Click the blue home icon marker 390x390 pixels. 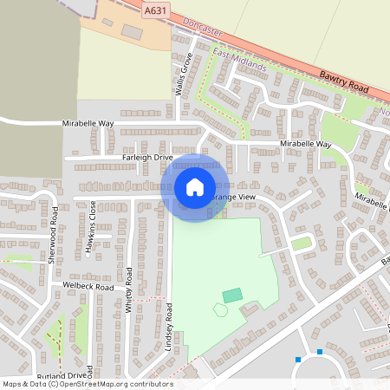tap(195, 187)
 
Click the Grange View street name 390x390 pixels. tap(233, 198)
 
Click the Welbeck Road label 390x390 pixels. tap(88, 286)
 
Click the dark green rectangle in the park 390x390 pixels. tap(231, 296)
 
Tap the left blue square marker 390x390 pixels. tap(298, 359)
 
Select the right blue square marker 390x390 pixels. tap(320, 352)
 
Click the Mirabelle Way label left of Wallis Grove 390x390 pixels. tap(88, 124)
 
